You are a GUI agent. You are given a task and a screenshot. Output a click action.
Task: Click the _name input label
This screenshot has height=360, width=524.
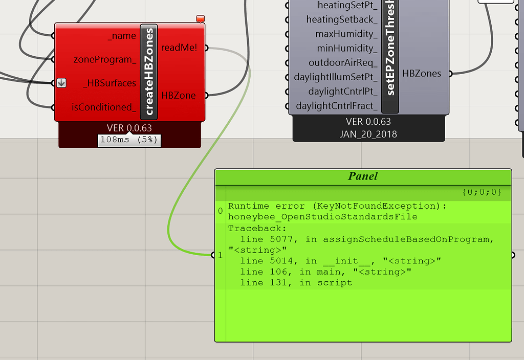pyautogui.click(x=122, y=36)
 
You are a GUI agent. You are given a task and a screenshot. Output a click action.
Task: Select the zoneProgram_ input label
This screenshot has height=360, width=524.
pyautogui.click(x=104, y=59)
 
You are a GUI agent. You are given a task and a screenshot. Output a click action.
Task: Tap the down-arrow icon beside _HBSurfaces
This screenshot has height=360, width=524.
pyautogui.click(x=61, y=83)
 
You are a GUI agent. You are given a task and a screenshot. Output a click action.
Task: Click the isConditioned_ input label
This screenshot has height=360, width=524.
pyautogui.click(x=104, y=107)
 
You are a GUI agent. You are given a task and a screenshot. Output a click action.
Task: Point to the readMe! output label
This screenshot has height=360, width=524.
pyautogui.click(x=179, y=48)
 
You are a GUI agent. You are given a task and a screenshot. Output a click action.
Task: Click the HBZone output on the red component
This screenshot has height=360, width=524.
pyautogui.click(x=179, y=96)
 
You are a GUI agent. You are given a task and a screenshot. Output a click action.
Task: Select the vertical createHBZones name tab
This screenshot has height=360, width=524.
pyautogui.click(x=149, y=72)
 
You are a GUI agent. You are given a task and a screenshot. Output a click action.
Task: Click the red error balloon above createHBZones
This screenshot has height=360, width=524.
pyautogui.click(x=200, y=19)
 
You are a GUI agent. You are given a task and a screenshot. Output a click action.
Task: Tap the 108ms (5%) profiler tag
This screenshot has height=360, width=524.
pyautogui.click(x=129, y=140)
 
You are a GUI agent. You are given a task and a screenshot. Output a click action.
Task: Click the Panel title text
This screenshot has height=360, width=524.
pyautogui.click(x=363, y=176)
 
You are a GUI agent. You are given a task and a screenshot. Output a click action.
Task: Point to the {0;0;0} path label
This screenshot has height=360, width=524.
pyautogui.click(x=482, y=192)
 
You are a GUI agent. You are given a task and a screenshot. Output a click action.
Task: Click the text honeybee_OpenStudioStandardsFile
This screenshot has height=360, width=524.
pyautogui.click(x=323, y=217)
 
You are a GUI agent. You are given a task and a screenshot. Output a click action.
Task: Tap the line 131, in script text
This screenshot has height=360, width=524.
pyautogui.click(x=296, y=283)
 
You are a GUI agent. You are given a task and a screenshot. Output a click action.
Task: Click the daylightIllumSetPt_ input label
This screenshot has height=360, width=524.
pyautogui.click(x=336, y=77)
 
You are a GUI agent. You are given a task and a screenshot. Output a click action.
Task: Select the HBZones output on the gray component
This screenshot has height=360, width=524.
pyautogui.click(x=422, y=74)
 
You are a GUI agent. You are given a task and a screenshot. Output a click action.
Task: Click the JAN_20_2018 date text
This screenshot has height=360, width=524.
pyautogui.click(x=368, y=134)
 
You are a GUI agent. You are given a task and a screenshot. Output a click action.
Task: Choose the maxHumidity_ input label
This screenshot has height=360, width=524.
pyautogui.click(x=346, y=34)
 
